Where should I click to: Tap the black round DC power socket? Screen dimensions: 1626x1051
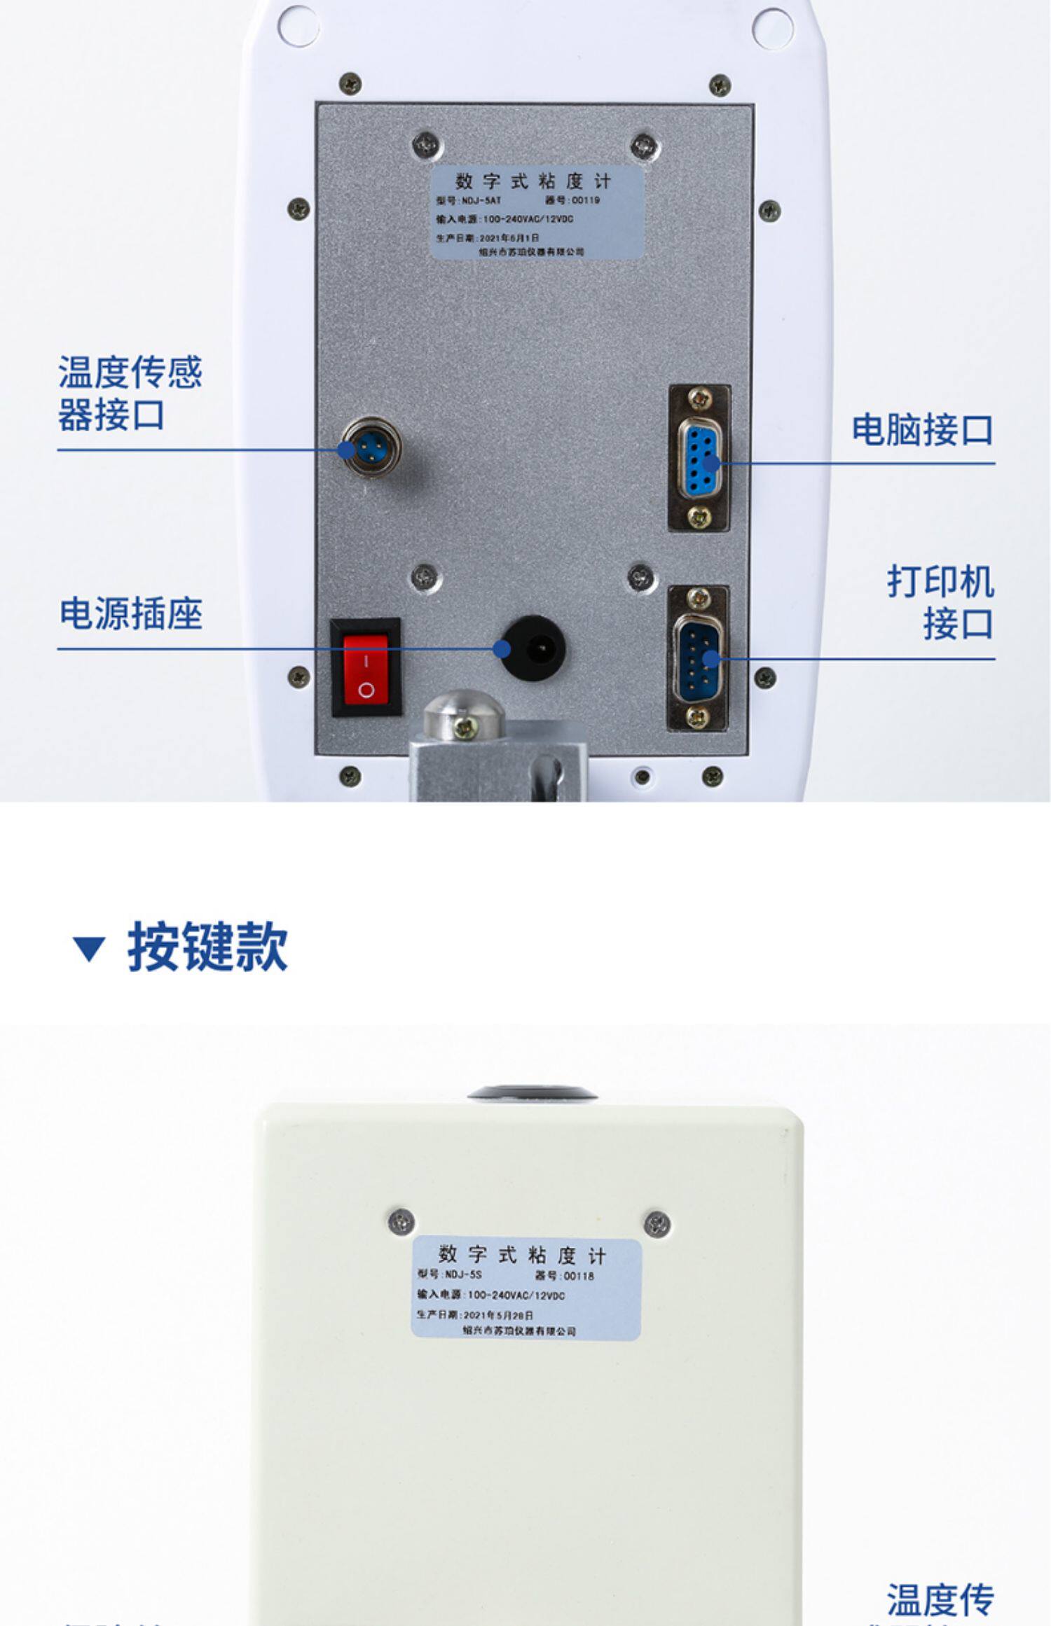pyautogui.click(x=535, y=648)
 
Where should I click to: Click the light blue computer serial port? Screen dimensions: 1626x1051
pyautogui.click(x=699, y=458)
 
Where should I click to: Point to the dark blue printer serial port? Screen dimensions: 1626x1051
pyautogui.click(x=698, y=658)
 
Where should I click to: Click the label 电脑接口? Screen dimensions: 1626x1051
pyautogui.click(x=921, y=429)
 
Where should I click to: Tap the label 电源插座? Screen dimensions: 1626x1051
pyautogui.click(x=131, y=613)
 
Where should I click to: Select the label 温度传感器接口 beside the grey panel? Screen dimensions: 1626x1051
pyautogui.click(x=130, y=394)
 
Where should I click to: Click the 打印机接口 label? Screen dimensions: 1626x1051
pyautogui.click(x=940, y=602)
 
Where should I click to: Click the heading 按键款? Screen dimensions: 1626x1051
pyautogui.click(x=207, y=947)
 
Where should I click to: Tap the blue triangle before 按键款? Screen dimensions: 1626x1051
pyautogui.click(x=89, y=949)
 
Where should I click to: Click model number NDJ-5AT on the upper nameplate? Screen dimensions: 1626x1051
pyautogui.click(x=481, y=200)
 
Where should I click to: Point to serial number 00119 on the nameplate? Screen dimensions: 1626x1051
pyautogui.click(x=586, y=200)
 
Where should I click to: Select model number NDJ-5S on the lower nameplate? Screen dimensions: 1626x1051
pyautogui.click(x=464, y=1274)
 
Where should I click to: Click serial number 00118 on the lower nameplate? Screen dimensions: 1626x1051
pyautogui.click(x=579, y=1276)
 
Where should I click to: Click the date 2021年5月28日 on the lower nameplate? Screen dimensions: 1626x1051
pyautogui.click(x=498, y=1314)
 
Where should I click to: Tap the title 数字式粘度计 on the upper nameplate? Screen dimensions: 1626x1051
pyautogui.click(x=533, y=181)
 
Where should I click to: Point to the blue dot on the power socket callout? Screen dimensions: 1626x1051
pyautogui.click(x=502, y=649)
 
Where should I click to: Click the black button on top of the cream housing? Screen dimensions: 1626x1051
pyautogui.click(x=533, y=1092)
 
